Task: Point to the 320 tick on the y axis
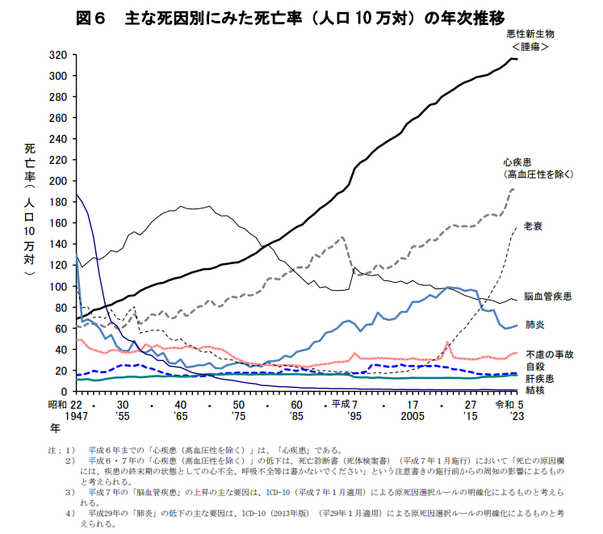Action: (x=57, y=55)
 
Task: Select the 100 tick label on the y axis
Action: (x=57, y=287)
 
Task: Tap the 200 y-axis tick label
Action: (x=57, y=181)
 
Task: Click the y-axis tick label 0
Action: (x=64, y=392)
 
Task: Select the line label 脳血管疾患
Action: (x=548, y=296)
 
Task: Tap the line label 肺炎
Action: (x=534, y=325)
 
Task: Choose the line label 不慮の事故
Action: (x=550, y=354)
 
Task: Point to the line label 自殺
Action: (x=534, y=366)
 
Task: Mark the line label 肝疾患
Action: (x=539, y=377)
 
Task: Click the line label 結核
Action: (x=534, y=389)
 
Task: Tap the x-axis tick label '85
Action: (x=297, y=414)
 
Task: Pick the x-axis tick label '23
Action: (x=517, y=414)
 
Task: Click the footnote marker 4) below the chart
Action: (x=71, y=512)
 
